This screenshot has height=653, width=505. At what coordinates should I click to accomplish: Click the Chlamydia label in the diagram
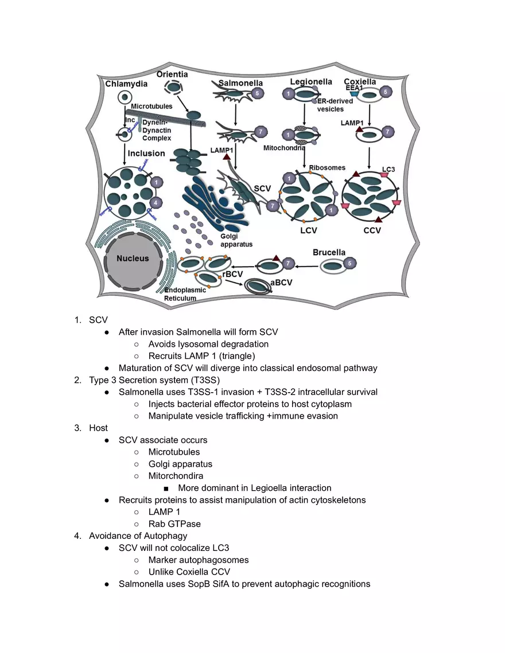[x=126, y=84]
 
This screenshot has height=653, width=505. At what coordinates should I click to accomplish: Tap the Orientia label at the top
[x=172, y=74]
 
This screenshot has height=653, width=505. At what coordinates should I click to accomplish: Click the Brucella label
[x=329, y=252]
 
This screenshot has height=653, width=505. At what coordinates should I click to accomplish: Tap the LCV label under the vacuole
[x=308, y=230]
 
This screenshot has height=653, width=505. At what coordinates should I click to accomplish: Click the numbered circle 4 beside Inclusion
[x=156, y=202]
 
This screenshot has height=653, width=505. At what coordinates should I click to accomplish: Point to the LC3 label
[x=389, y=170]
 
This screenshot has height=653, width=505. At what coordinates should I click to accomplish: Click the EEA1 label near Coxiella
[x=354, y=88]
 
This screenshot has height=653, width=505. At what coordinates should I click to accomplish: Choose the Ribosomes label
[x=327, y=167]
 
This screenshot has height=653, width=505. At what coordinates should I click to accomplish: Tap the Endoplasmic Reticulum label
[x=185, y=294]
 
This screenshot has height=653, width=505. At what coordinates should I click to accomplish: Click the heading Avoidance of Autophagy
[x=138, y=535]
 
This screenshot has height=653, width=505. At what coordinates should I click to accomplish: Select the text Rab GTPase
[x=174, y=523]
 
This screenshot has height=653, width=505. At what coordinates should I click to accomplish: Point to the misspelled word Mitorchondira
[x=176, y=476]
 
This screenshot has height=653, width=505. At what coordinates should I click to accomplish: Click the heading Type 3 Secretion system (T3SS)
[x=154, y=380]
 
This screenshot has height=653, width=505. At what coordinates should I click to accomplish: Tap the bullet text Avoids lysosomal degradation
[x=208, y=344]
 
